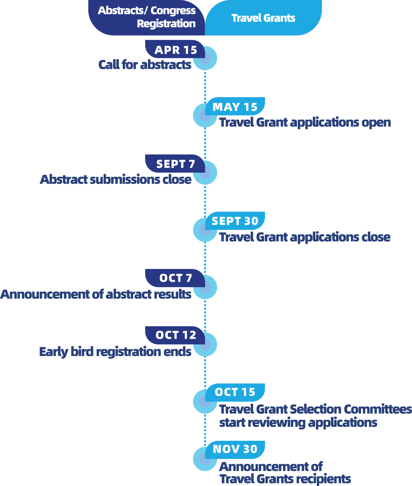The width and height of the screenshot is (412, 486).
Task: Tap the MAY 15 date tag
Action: point(235,107)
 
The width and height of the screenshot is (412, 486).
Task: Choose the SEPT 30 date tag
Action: point(235,221)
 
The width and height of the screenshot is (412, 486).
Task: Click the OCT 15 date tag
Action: point(235,392)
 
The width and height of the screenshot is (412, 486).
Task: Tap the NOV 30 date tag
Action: point(235,449)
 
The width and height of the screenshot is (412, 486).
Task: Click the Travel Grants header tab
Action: point(263,18)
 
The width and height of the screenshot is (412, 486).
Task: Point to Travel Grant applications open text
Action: point(305,123)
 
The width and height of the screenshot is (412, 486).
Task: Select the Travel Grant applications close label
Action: point(305,237)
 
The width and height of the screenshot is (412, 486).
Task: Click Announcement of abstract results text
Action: point(96,294)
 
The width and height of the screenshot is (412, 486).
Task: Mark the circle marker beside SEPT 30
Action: point(205,230)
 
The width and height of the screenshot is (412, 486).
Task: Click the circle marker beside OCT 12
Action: point(205,344)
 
